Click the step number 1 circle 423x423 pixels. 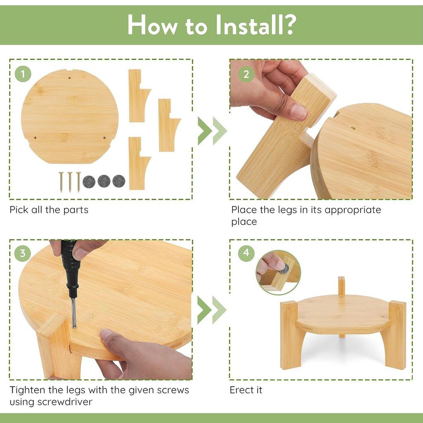point(23,74)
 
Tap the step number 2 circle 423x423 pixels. point(246,74)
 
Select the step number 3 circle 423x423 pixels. point(23,253)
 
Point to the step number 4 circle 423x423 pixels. point(246,253)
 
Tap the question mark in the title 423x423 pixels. point(291,24)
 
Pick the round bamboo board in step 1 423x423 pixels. point(69,116)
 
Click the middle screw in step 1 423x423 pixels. point(70,182)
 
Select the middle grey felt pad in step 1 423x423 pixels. point(104,181)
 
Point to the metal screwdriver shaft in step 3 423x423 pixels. point(74,313)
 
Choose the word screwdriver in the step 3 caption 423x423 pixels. point(65,402)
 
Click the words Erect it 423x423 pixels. point(246,390)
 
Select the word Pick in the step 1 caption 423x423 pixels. point(19,209)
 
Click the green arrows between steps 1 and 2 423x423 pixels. point(212,131)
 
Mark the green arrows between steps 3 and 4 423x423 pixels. point(212,310)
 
